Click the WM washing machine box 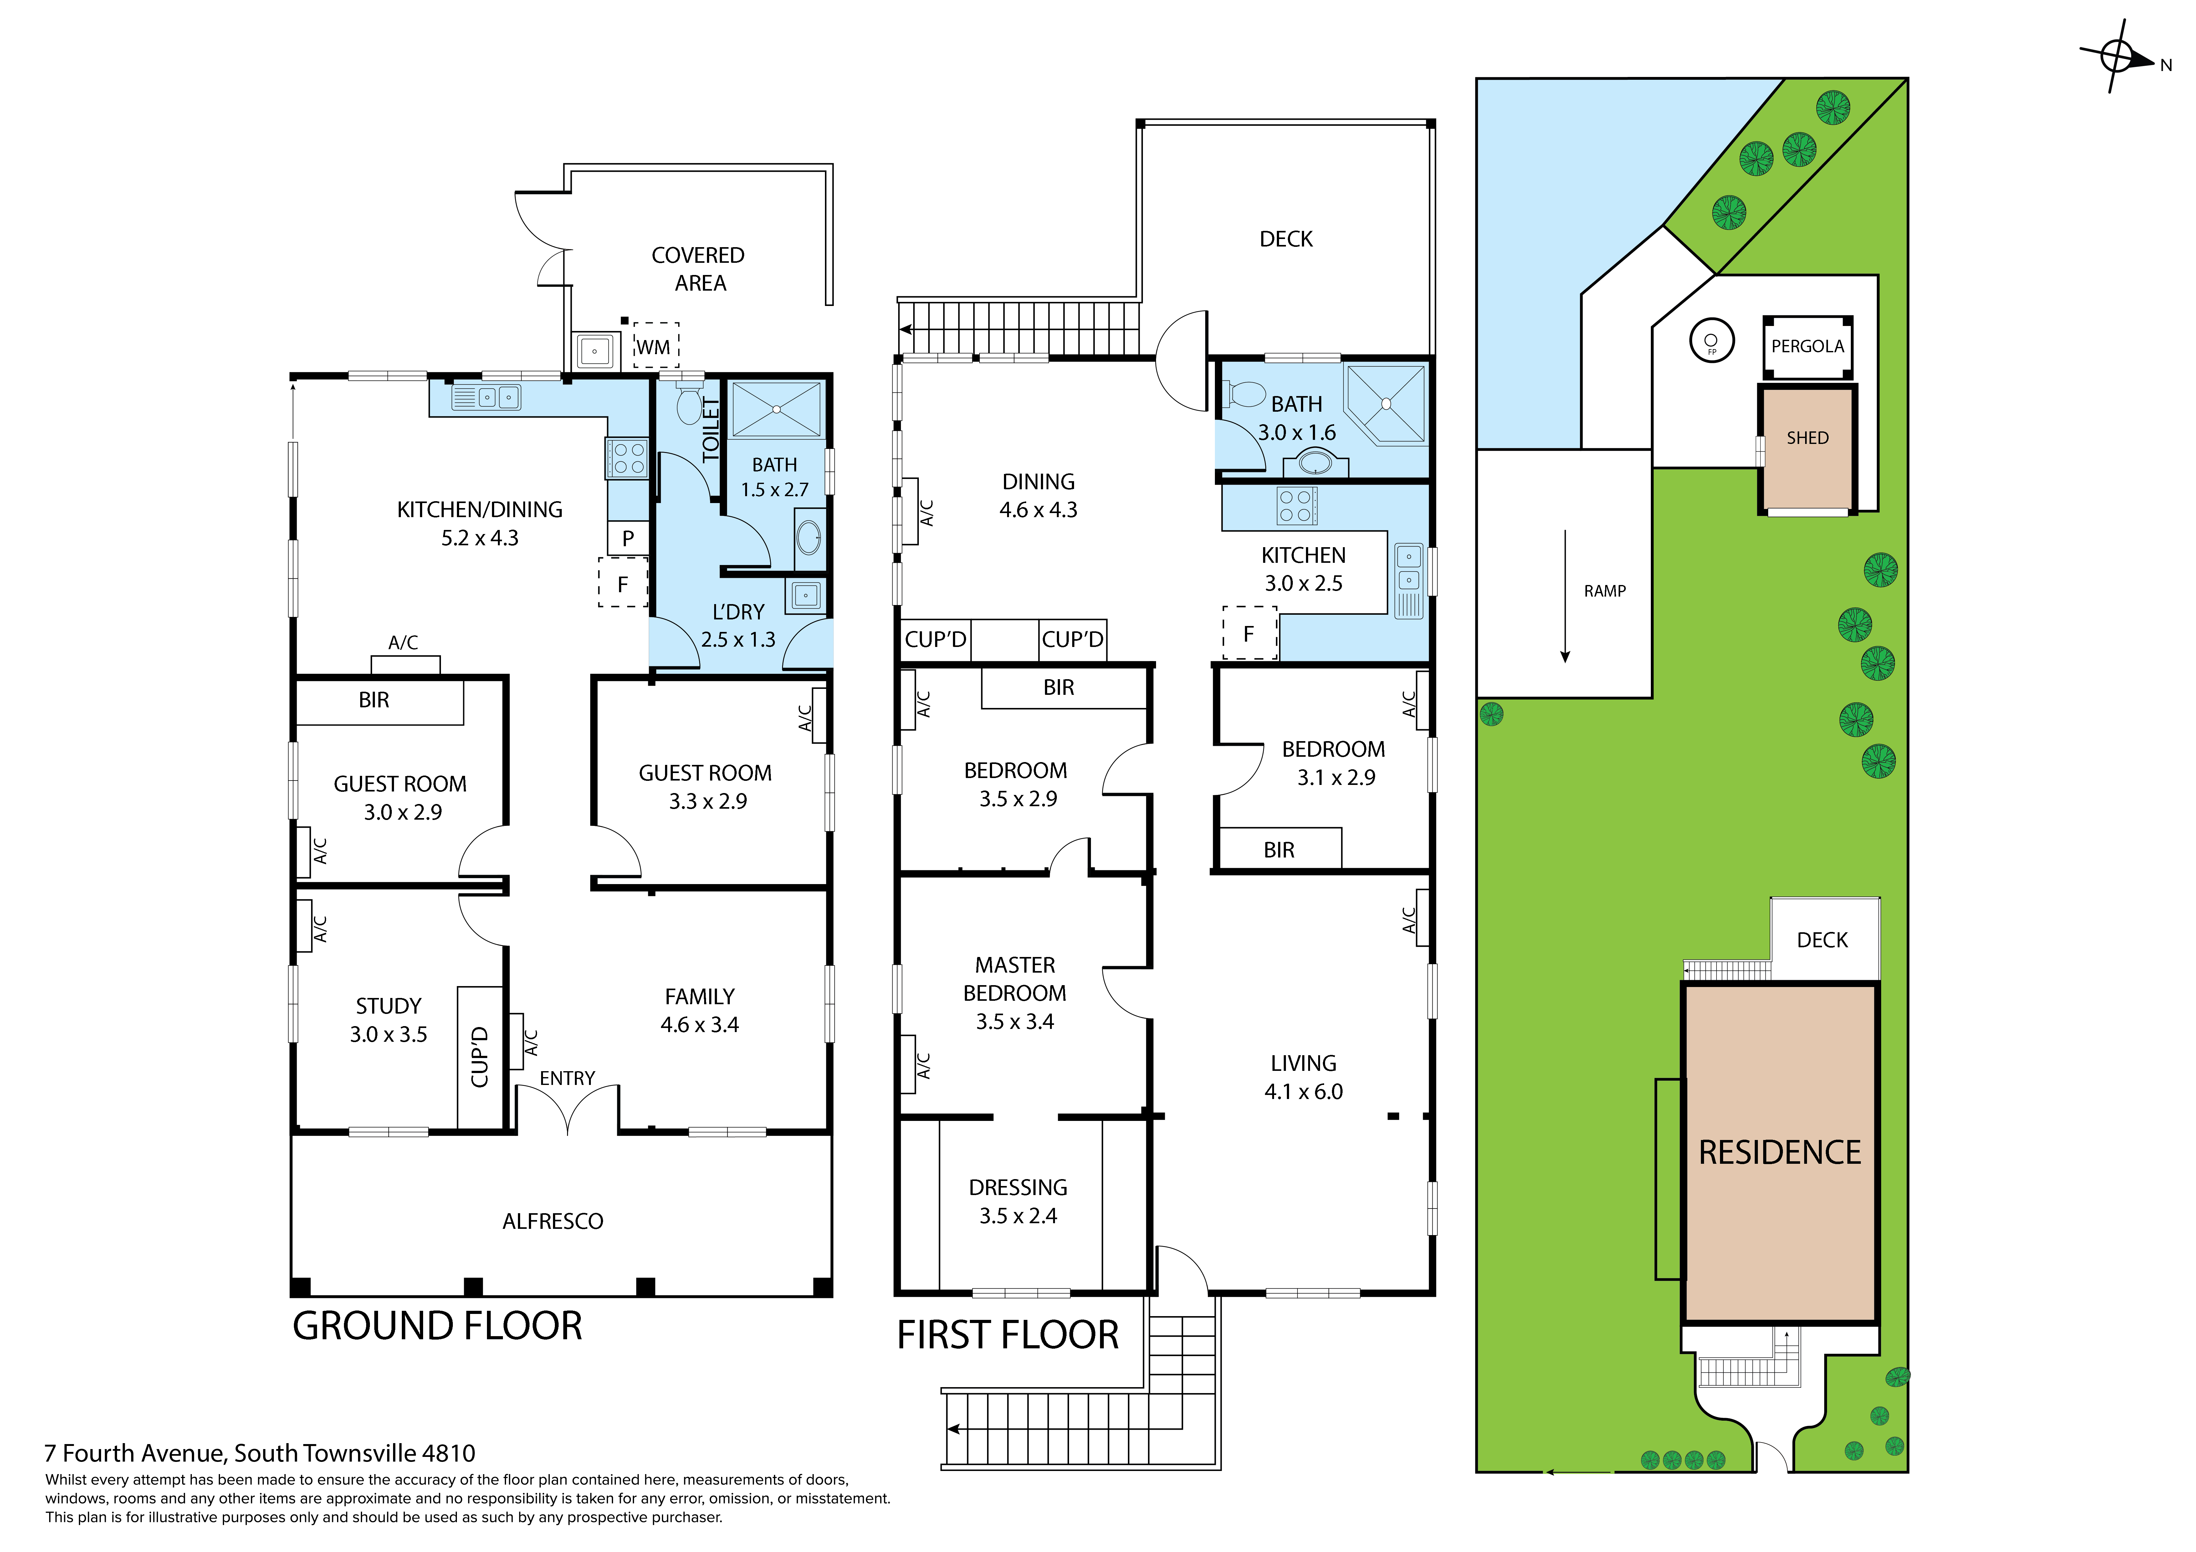[655, 345]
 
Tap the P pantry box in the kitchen [627, 537]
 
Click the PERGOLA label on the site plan [1807, 346]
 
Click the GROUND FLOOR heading [437, 1326]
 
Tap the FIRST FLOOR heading [1007, 1334]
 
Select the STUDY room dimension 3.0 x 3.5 [388, 1034]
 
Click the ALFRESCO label [553, 1221]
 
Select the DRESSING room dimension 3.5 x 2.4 [1018, 1215]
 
